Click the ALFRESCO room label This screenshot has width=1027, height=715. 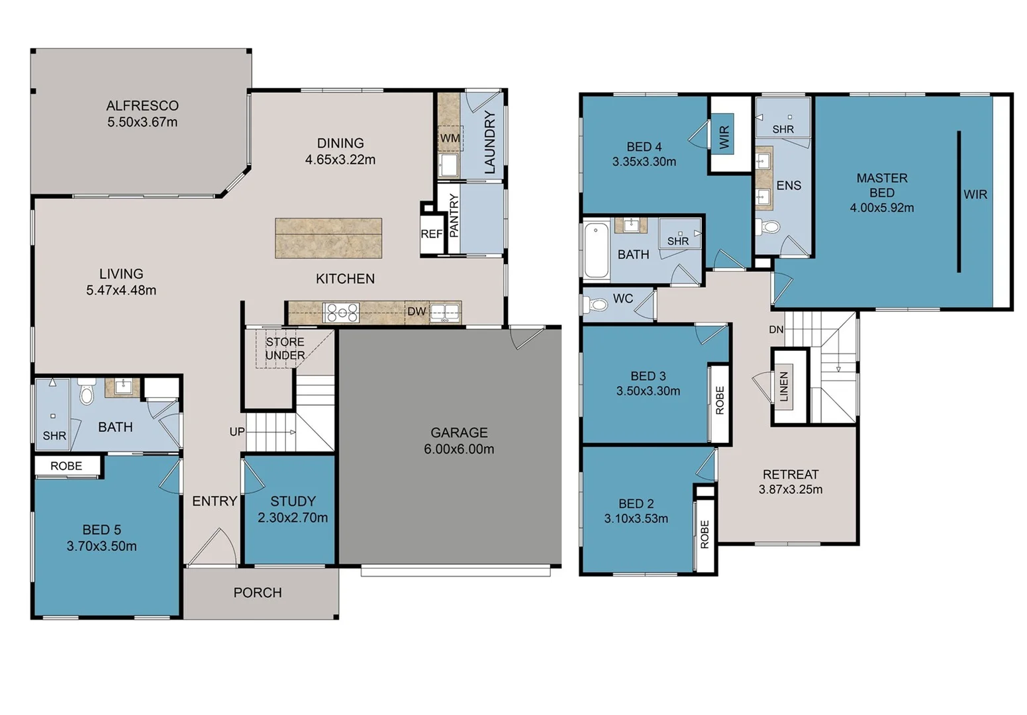pyautogui.click(x=142, y=106)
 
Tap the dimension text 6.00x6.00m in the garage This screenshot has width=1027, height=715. pyautogui.click(x=459, y=449)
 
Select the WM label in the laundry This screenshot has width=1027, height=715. pyautogui.click(x=450, y=138)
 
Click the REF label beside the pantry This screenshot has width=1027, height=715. pyautogui.click(x=431, y=234)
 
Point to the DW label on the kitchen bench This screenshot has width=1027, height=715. pyautogui.click(x=416, y=311)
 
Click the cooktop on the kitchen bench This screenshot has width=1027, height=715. pyautogui.click(x=341, y=312)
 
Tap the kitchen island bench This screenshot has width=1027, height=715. pyautogui.click(x=328, y=238)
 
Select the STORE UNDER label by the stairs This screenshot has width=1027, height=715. pyautogui.click(x=285, y=348)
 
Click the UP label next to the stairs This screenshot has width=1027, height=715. pyautogui.click(x=236, y=432)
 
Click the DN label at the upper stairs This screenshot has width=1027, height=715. pyautogui.click(x=776, y=330)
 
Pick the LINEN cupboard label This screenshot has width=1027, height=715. pyautogui.click(x=784, y=386)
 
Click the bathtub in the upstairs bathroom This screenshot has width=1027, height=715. pyautogui.click(x=596, y=250)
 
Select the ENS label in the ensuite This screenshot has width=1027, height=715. pyautogui.click(x=788, y=185)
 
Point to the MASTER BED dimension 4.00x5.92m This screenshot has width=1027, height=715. pyautogui.click(x=881, y=208)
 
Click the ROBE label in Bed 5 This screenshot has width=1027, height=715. pyautogui.click(x=66, y=466)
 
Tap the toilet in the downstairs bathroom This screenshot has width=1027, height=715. pyautogui.click(x=87, y=394)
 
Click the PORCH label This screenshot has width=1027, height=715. pyautogui.click(x=257, y=593)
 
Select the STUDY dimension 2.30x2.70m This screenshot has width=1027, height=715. pyautogui.click(x=292, y=518)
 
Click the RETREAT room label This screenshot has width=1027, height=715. pyautogui.click(x=790, y=475)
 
